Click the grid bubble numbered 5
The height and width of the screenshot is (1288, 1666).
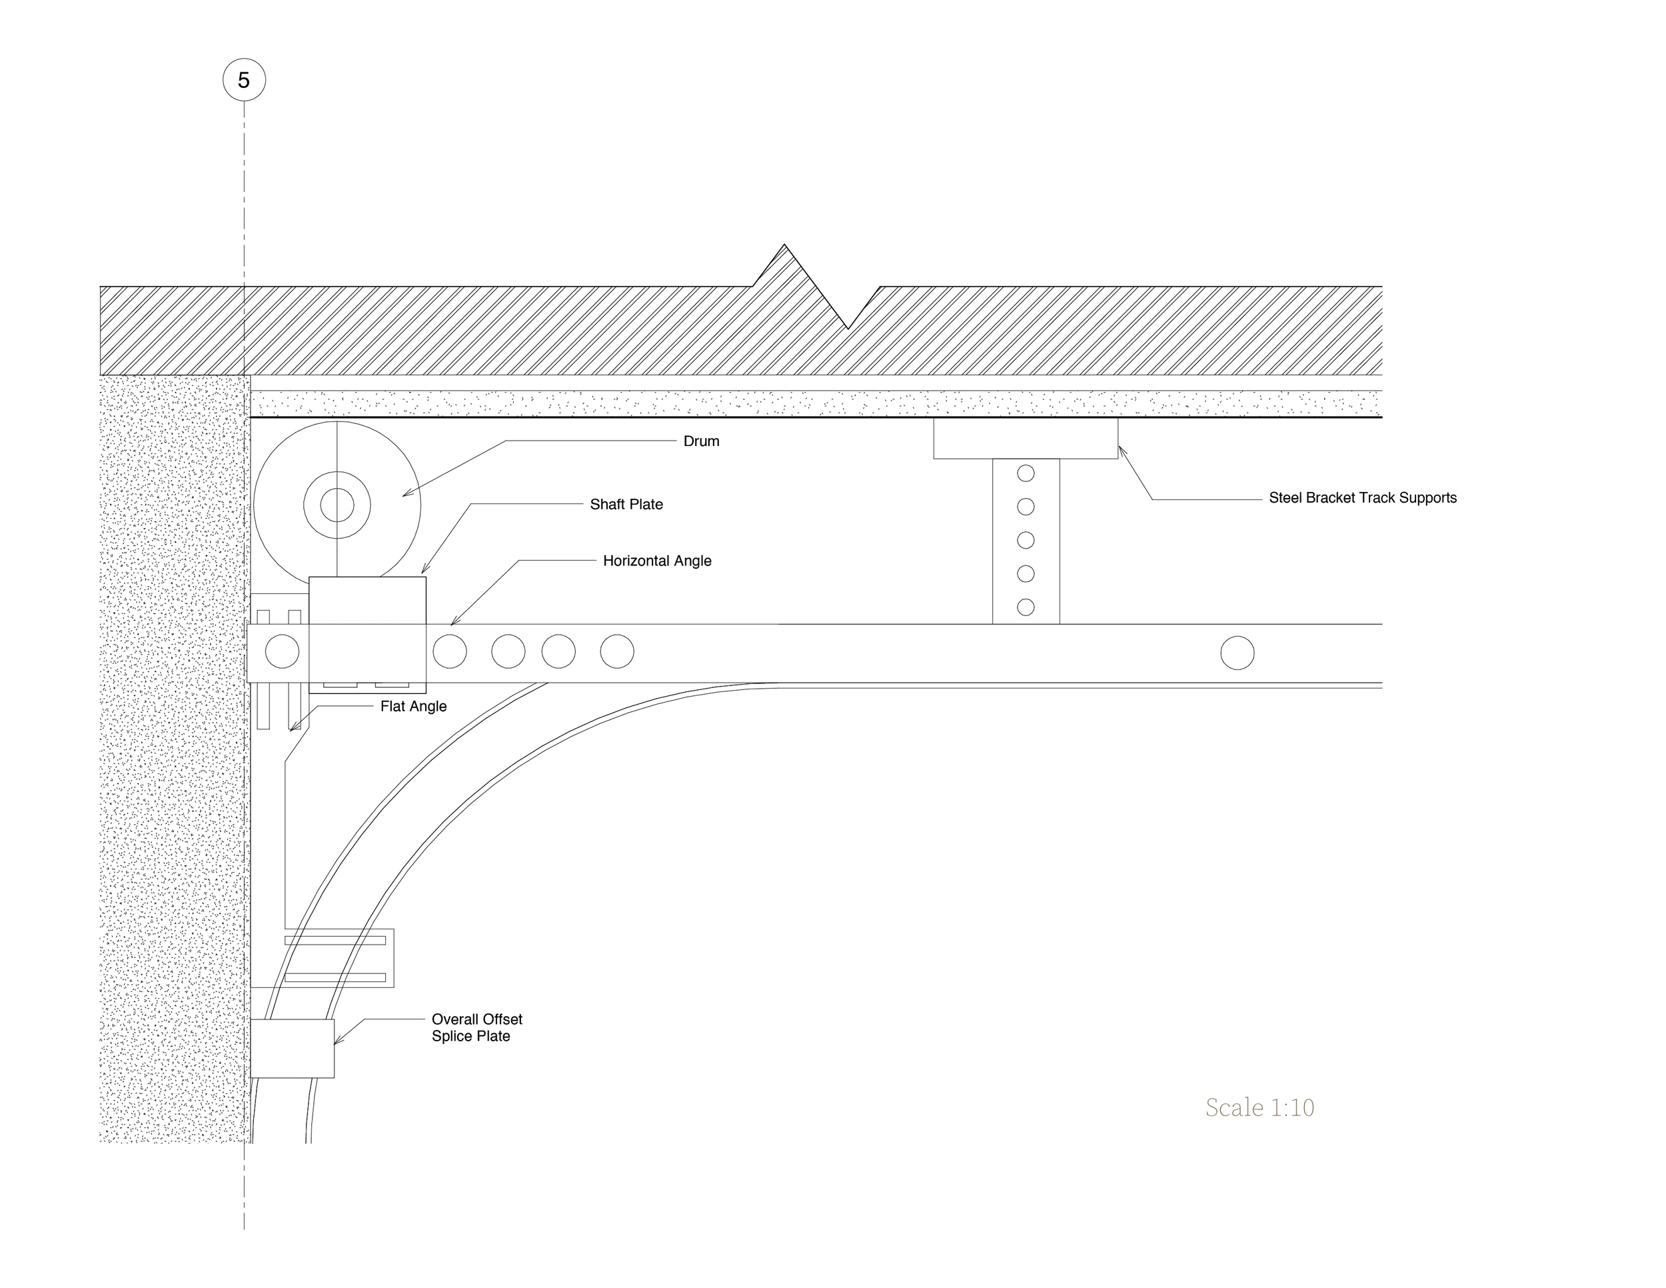[x=244, y=80]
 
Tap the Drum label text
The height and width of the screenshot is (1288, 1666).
[x=701, y=441]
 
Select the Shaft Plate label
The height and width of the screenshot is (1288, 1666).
[x=626, y=505]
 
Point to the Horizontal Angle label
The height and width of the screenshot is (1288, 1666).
[x=657, y=561]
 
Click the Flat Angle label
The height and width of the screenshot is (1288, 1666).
[x=413, y=707]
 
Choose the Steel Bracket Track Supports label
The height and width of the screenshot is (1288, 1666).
[x=1362, y=498]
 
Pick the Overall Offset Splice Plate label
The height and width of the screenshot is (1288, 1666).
[x=476, y=1028]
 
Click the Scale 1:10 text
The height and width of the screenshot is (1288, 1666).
[x=1259, y=1107]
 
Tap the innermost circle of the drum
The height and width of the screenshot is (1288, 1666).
[x=337, y=505]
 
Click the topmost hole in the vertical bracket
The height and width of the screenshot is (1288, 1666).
[x=1026, y=473]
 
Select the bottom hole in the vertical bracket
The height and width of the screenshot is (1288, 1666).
[x=1026, y=607]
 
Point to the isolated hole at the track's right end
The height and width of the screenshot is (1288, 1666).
[x=1238, y=653]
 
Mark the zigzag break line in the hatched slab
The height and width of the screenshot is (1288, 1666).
[x=816, y=287]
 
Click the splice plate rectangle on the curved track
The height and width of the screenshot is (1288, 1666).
[x=292, y=1049]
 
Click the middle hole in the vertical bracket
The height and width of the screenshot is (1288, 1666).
[x=1026, y=540]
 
